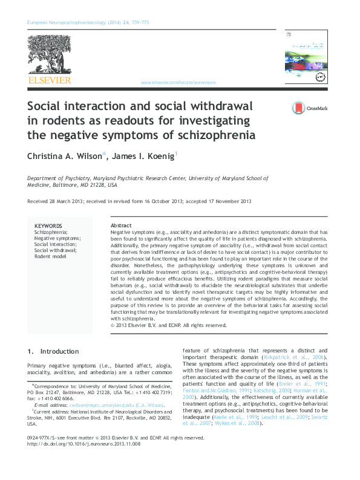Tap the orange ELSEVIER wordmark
[x=50, y=80]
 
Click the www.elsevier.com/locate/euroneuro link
[x=178, y=82]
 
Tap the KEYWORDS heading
[x=48, y=225]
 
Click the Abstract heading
[x=122, y=225]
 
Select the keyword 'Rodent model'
[x=51, y=256]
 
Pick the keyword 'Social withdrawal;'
[x=55, y=250]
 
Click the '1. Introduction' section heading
[x=53, y=351]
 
